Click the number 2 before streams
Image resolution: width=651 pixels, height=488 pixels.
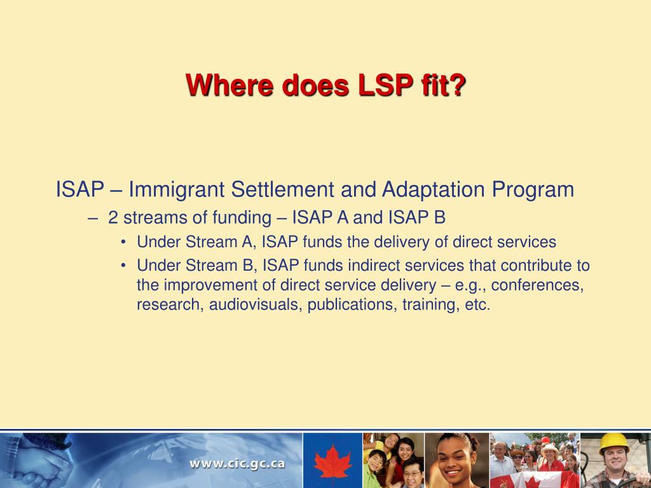tap(113, 218)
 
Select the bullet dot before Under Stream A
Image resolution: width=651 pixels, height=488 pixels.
tap(123, 242)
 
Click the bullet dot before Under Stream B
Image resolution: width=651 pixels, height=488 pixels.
tap(123, 266)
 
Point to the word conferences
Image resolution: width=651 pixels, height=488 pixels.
tap(537, 285)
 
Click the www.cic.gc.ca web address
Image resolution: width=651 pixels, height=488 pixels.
tap(238, 463)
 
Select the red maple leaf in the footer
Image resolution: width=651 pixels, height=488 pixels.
tap(332, 462)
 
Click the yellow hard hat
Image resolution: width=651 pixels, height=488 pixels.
tap(613, 443)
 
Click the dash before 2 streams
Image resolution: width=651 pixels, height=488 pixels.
tap(93, 219)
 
